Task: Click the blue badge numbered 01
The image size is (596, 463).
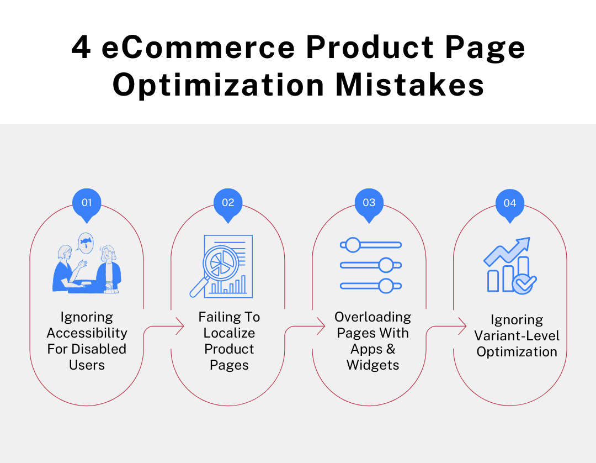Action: pyautogui.click(x=87, y=203)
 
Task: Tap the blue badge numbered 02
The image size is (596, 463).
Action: pyautogui.click(x=228, y=203)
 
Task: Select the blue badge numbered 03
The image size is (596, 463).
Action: pyautogui.click(x=369, y=203)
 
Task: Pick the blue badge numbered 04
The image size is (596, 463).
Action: pyautogui.click(x=510, y=203)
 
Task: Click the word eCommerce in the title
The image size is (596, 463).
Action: pyautogui.click(x=199, y=48)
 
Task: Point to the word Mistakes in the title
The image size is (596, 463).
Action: pyautogui.click(x=411, y=86)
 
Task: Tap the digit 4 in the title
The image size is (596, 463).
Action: pyautogui.click(x=81, y=48)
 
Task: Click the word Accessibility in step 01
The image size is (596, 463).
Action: pyautogui.click(x=87, y=333)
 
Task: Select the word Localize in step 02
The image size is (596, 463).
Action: pyautogui.click(x=229, y=333)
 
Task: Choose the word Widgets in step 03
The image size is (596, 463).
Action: pyautogui.click(x=373, y=365)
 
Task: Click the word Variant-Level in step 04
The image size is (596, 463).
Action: pyautogui.click(x=517, y=336)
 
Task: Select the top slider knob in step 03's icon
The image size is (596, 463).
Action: pyautogui.click(x=353, y=244)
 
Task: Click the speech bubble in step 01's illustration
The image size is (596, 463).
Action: pyautogui.click(x=86, y=241)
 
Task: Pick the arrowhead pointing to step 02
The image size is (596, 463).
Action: pyautogui.click(x=180, y=327)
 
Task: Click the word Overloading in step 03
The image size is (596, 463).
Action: pyautogui.click(x=373, y=317)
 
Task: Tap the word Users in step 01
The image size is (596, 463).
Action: pyautogui.click(x=87, y=365)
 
